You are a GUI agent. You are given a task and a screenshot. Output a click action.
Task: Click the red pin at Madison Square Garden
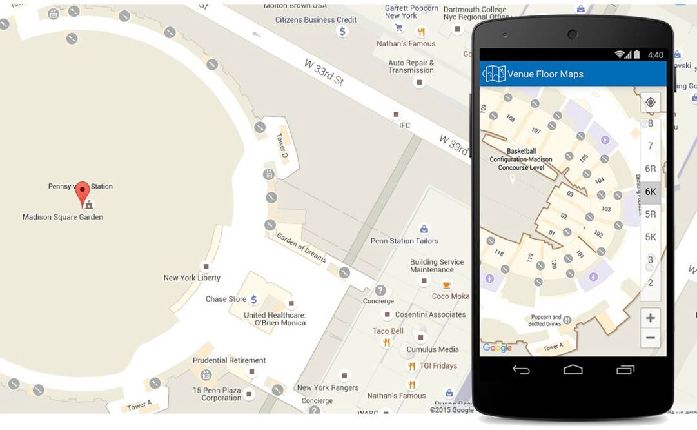coord(83,192)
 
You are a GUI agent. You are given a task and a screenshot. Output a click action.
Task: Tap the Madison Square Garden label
coord(63,217)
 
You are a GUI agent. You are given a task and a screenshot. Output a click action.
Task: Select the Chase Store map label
coord(226,299)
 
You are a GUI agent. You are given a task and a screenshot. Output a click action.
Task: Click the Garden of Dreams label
coord(301,247)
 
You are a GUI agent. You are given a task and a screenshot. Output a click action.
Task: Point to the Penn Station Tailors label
coord(404,241)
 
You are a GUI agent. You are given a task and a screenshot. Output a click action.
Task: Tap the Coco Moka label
coord(451,296)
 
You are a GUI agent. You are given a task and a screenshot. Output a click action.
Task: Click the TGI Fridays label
coord(438,365)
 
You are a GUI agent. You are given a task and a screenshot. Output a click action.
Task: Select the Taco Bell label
coord(388,331)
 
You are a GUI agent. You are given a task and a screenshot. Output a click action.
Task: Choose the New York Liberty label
coord(191,278)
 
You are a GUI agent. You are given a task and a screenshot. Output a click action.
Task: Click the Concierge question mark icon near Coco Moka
coord(380,291)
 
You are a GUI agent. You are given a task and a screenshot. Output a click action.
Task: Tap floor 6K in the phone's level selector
coord(651,192)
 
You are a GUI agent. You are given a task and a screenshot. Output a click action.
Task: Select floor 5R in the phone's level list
coord(651,214)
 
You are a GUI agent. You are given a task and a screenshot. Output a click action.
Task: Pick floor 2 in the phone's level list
coord(651,283)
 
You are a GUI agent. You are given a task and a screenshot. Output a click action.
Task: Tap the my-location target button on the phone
coord(651,102)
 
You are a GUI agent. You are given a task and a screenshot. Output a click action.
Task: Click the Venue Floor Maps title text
coord(545,74)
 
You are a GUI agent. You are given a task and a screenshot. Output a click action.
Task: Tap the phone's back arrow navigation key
coord(521,369)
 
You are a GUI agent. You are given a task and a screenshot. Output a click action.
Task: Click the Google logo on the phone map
coord(497,348)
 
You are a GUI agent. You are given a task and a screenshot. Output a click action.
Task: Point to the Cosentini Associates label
coord(430,314)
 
